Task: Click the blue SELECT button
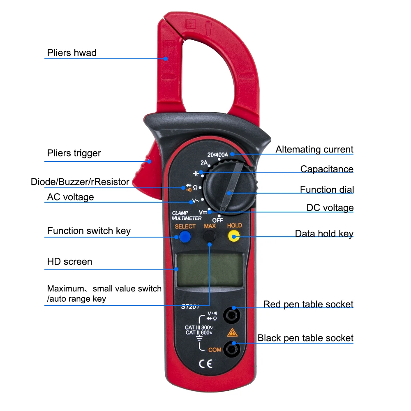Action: tap(185, 237)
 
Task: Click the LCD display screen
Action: tap(209, 270)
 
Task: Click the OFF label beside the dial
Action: tap(217, 220)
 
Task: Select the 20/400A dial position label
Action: tap(218, 155)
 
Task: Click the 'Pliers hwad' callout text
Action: tap(72, 53)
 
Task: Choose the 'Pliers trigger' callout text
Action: tap(74, 153)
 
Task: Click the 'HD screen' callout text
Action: tap(69, 261)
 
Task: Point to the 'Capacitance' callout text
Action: tap(327, 169)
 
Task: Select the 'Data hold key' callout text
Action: tap(324, 234)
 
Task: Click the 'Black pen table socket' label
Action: tap(305, 338)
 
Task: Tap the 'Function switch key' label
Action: tap(89, 231)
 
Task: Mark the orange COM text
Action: tap(215, 350)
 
